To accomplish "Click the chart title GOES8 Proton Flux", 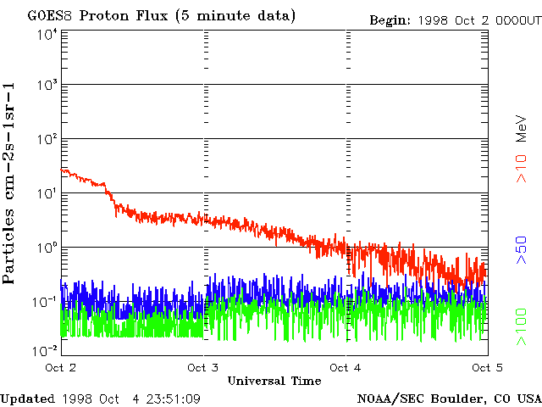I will point(162,16).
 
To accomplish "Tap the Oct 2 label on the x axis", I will point(61,367).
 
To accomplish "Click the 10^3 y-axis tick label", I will point(47,86).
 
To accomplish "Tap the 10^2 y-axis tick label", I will point(47,139).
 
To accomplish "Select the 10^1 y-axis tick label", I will point(47,193).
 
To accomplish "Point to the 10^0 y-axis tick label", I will point(47,248).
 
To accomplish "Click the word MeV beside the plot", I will point(523,128).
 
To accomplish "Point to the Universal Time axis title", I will point(274,381).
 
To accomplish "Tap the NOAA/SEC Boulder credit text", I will point(449,399).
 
